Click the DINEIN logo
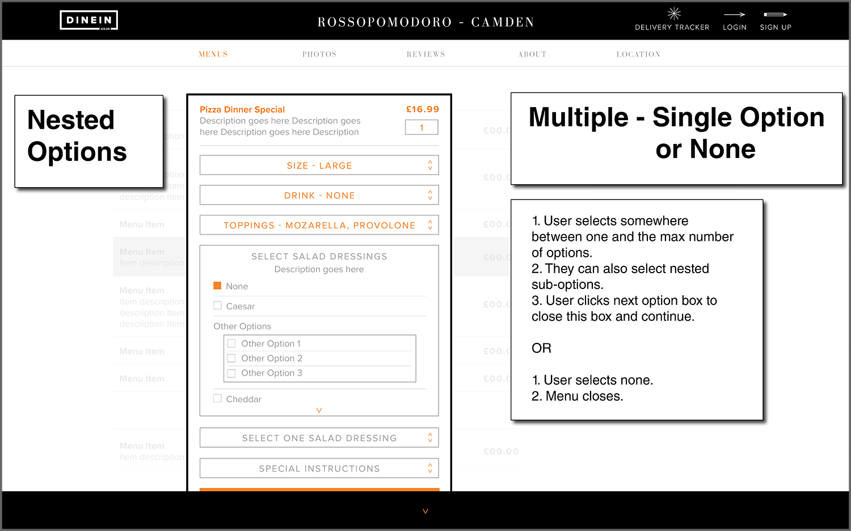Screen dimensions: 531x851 tap(89, 20)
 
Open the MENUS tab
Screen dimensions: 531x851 tap(213, 54)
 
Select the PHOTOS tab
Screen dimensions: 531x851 tap(319, 54)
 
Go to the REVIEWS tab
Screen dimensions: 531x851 tap(425, 54)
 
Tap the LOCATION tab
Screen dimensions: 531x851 tap(638, 54)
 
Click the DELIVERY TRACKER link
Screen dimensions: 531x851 tap(672, 20)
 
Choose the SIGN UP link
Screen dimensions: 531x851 tap(776, 20)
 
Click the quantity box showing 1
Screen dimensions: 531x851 tap(422, 128)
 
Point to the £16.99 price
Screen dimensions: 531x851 tap(423, 109)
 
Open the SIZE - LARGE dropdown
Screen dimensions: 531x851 tap(319, 165)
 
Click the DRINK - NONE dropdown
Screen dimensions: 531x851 tap(319, 196)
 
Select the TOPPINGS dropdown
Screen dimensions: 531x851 tap(319, 225)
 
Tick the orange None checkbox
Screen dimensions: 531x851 tap(217, 286)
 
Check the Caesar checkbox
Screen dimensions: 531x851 tap(217, 305)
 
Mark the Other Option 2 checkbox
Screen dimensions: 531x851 tap(231, 358)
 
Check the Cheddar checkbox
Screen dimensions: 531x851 tap(217, 398)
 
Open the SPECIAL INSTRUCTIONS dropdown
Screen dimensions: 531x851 tap(319, 469)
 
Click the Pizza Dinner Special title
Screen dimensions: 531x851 tap(242, 109)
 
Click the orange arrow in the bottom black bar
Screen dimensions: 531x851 tap(425, 511)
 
